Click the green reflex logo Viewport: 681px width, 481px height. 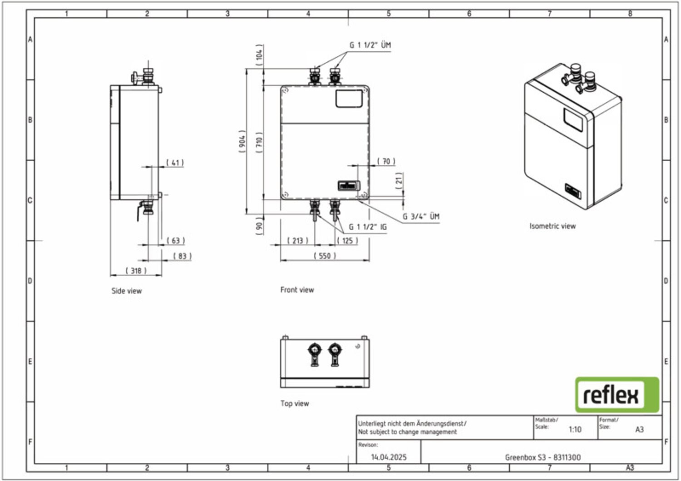617,394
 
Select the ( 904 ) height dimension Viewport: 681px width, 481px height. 242,141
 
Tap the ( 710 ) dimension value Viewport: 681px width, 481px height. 259,142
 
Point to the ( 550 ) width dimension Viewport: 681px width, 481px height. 325,256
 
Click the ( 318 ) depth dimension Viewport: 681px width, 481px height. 136,271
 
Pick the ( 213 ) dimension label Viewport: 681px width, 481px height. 297,240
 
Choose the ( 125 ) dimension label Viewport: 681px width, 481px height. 347,240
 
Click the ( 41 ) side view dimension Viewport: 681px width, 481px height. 175,163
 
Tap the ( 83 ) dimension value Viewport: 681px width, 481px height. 182,256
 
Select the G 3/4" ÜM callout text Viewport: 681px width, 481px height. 421,216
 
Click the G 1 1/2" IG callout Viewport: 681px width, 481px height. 367,227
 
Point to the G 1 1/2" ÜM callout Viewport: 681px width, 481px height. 370,45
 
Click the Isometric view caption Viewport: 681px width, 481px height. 552,226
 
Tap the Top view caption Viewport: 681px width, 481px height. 294,403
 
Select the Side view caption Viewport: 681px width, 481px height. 126,291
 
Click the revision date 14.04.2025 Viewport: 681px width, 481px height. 389,457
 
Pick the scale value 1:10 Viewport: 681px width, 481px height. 575,429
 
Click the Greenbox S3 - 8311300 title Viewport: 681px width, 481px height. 543,457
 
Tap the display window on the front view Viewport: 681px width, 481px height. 349,99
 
